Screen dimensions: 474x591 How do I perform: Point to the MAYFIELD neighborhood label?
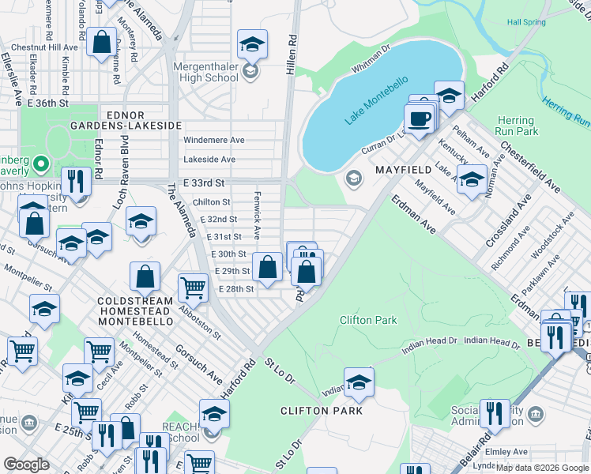(403, 170)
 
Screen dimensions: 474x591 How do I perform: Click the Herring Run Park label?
(515, 126)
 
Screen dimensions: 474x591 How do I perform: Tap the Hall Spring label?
(526, 23)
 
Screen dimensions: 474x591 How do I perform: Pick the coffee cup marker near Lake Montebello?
(418, 118)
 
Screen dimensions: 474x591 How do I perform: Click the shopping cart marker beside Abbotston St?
(193, 288)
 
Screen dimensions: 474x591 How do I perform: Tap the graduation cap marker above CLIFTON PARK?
(359, 383)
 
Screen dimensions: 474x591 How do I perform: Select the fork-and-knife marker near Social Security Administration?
(495, 413)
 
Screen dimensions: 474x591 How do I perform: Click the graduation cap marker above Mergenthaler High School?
(252, 44)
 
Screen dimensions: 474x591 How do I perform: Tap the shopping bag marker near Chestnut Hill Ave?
(102, 43)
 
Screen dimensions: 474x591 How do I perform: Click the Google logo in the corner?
(26, 465)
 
